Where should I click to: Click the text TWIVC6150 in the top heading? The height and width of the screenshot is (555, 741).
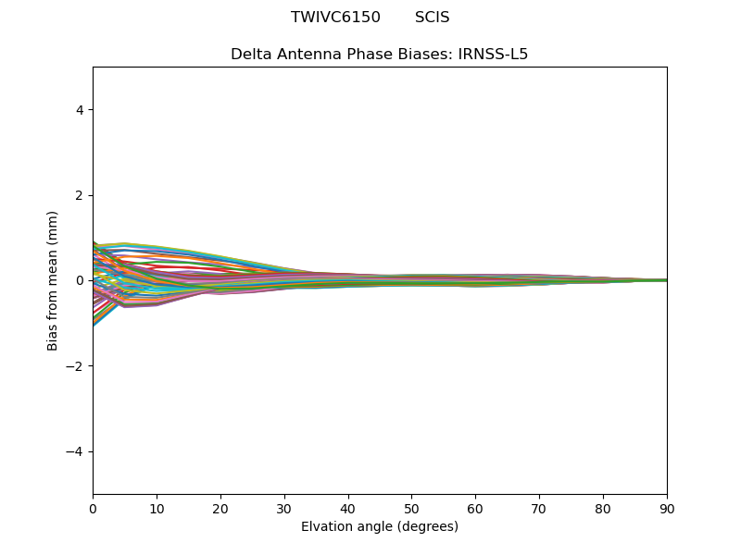coord(335,18)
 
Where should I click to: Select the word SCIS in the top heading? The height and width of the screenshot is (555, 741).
coord(432,18)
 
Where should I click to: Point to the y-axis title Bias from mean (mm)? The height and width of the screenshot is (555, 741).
coord(54,280)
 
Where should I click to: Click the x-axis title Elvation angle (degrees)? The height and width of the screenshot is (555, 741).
coord(380,526)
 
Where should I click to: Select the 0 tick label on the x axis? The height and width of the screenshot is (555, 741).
coord(93,508)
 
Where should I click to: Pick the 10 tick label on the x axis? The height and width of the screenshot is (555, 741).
coord(157,508)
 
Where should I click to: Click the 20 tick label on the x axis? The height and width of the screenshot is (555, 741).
coord(220,508)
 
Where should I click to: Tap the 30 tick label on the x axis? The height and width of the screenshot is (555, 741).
coord(284,508)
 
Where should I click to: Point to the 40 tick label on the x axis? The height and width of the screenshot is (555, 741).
coord(348,508)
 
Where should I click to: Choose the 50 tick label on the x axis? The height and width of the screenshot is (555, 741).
coord(411,508)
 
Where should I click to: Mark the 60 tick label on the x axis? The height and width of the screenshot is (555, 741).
coord(475,508)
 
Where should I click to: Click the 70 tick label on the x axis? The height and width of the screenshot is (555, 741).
coord(539,508)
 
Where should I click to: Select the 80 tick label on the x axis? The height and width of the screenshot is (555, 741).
coord(603,508)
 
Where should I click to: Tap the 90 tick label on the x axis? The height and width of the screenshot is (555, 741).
coord(667,508)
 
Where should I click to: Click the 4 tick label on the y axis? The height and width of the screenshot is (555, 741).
coord(80,110)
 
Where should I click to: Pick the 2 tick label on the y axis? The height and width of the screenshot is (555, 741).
coord(80,195)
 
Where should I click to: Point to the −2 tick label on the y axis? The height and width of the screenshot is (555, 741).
coord(76,366)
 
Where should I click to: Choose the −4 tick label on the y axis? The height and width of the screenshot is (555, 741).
coord(76,451)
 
